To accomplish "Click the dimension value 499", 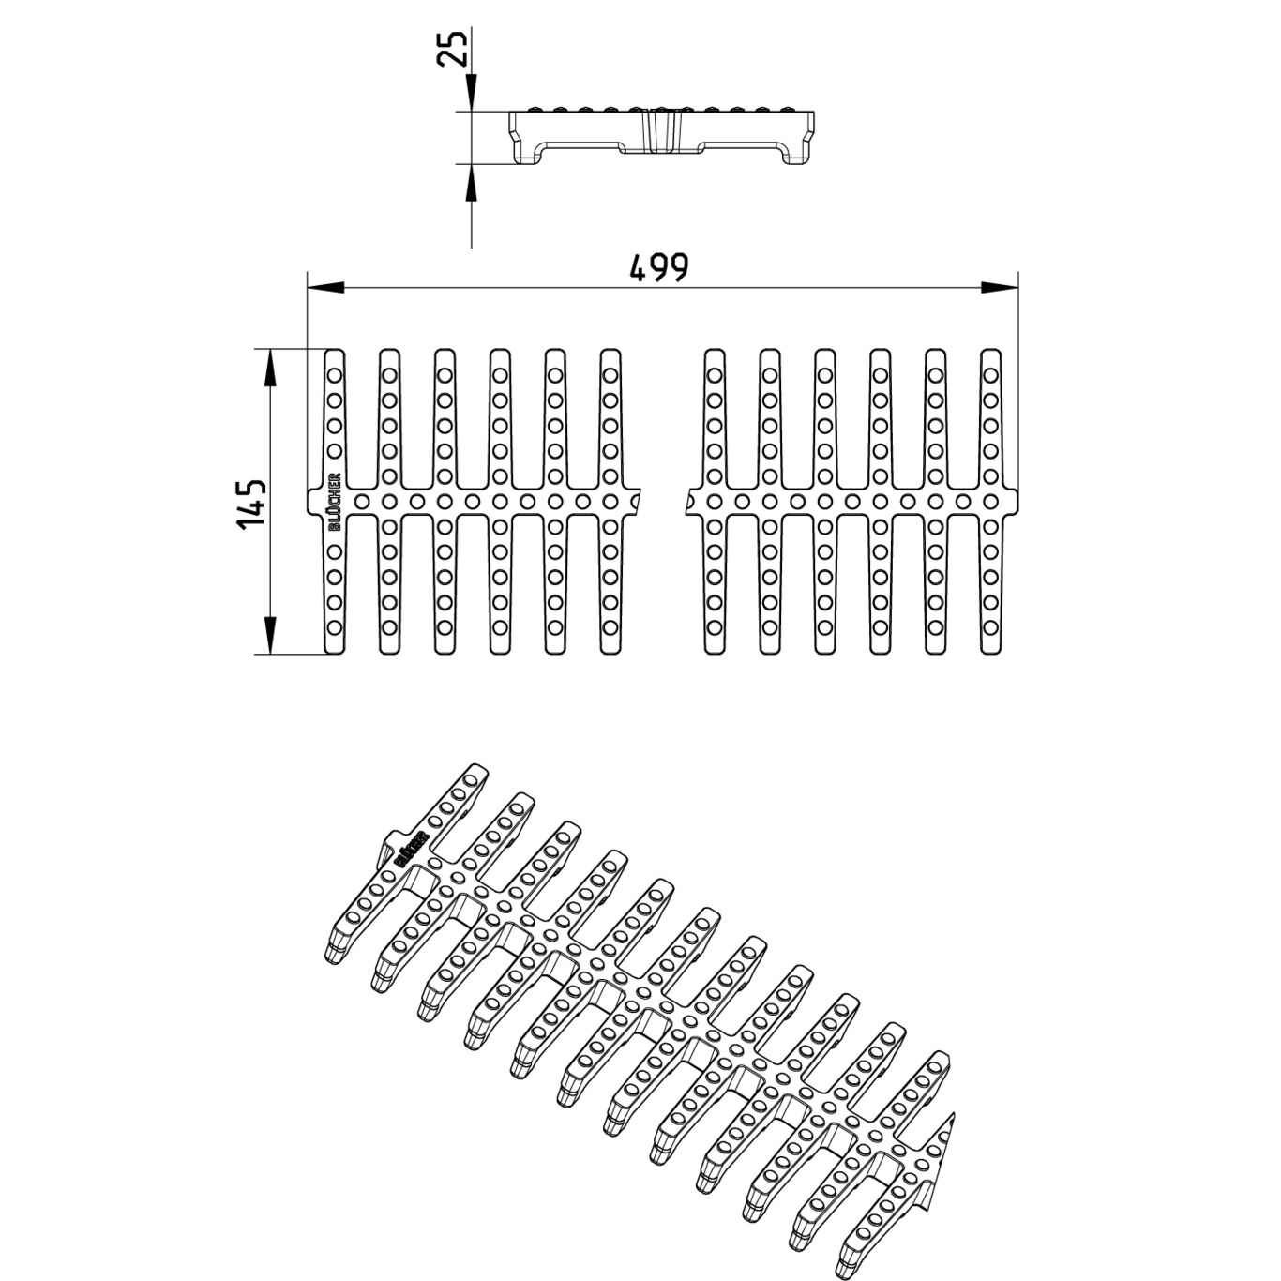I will (658, 267).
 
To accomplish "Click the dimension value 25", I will (453, 47).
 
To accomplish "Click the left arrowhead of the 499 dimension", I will (324, 288).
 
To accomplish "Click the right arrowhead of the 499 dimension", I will (1001, 288).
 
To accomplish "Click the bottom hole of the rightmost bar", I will (990, 626).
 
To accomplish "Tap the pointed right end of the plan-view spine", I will (1017, 502).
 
